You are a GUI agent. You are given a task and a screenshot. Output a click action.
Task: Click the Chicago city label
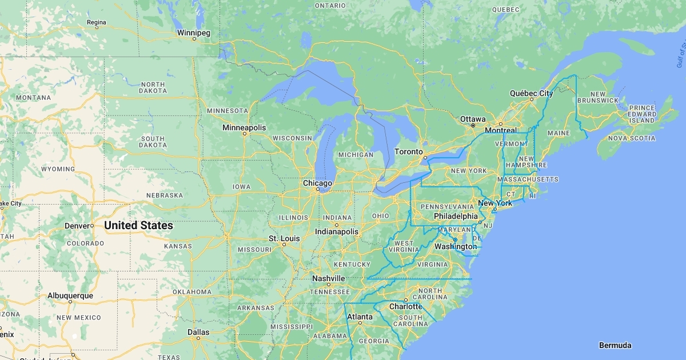click(x=317, y=183)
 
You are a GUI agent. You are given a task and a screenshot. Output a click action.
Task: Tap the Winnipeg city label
click(x=194, y=33)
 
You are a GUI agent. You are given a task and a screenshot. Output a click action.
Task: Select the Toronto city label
click(x=409, y=152)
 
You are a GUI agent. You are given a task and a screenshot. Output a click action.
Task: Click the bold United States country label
click(x=138, y=226)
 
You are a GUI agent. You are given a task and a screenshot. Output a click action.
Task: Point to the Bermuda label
click(x=615, y=345)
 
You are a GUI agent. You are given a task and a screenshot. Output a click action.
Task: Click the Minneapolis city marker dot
click(x=244, y=134)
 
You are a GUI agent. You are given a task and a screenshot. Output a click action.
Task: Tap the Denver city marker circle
click(x=91, y=226)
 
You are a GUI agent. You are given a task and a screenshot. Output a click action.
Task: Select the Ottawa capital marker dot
click(x=473, y=125)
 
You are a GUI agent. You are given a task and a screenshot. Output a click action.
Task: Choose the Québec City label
click(x=531, y=93)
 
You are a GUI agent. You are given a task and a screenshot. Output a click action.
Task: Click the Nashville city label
click(x=328, y=278)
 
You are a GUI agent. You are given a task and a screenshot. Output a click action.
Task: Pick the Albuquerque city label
click(x=70, y=296)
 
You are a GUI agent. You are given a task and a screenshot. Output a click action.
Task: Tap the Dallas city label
click(x=198, y=332)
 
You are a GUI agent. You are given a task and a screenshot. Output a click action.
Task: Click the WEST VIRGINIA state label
click(x=404, y=246)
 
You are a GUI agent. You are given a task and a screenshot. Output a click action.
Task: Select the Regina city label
click(x=96, y=22)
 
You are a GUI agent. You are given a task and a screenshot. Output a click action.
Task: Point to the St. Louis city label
click(x=284, y=238)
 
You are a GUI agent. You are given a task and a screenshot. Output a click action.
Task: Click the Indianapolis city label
click(x=337, y=232)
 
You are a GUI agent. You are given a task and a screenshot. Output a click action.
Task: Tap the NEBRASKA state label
click(x=164, y=195)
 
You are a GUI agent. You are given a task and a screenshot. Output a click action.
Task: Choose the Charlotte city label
click(x=405, y=306)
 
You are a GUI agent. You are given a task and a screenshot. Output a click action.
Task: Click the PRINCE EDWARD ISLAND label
click(x=643, y=114)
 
